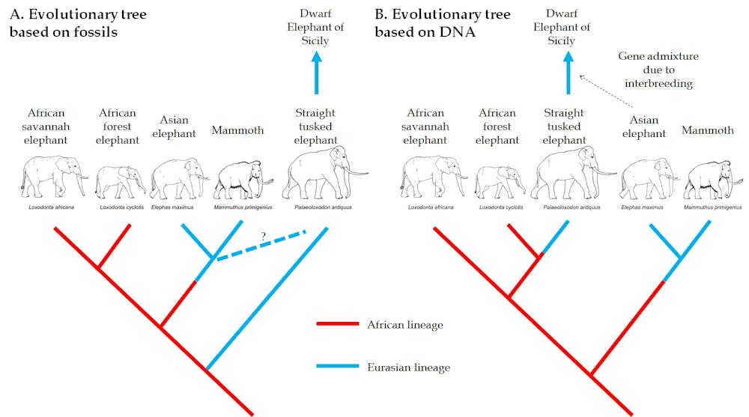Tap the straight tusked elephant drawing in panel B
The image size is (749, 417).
(x=565, y=172)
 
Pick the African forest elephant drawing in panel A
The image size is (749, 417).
(x=120, y=180)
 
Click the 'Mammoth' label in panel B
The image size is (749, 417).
(x=708, y=130)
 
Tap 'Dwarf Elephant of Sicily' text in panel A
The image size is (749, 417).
(x=315, y=28)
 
